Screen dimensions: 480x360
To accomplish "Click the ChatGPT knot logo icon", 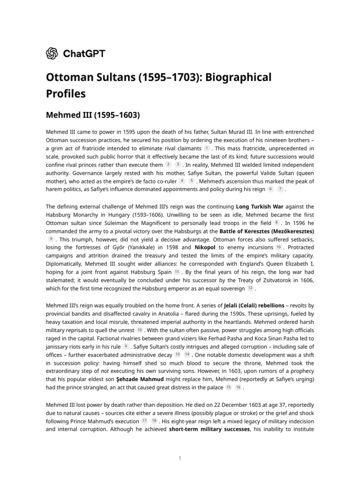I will point(52,54).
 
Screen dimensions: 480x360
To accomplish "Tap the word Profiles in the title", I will point(66,94).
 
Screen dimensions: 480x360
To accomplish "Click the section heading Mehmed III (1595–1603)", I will point(93,114).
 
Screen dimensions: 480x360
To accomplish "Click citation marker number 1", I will point(207,148).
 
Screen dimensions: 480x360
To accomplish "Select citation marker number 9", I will point(51,239).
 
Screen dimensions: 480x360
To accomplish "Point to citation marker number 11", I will point(177,271).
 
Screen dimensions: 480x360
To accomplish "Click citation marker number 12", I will point(250,288).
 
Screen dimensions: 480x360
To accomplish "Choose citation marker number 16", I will point(238,388).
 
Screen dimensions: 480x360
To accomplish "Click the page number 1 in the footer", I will point(180,458).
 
